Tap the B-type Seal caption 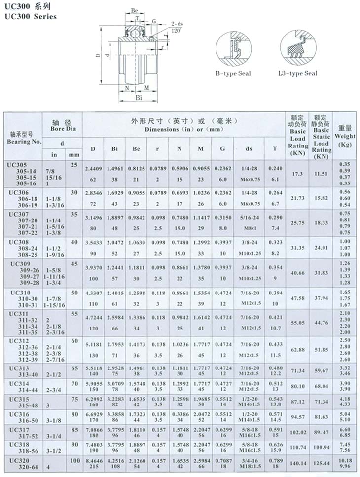pos(233,73)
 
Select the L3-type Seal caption pos(297,73)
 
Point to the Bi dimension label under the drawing pos(139,98)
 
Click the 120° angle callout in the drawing pos(175,30)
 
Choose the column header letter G pos(222,149)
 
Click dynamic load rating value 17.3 pos(297,174)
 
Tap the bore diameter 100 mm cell pos(74,460)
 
